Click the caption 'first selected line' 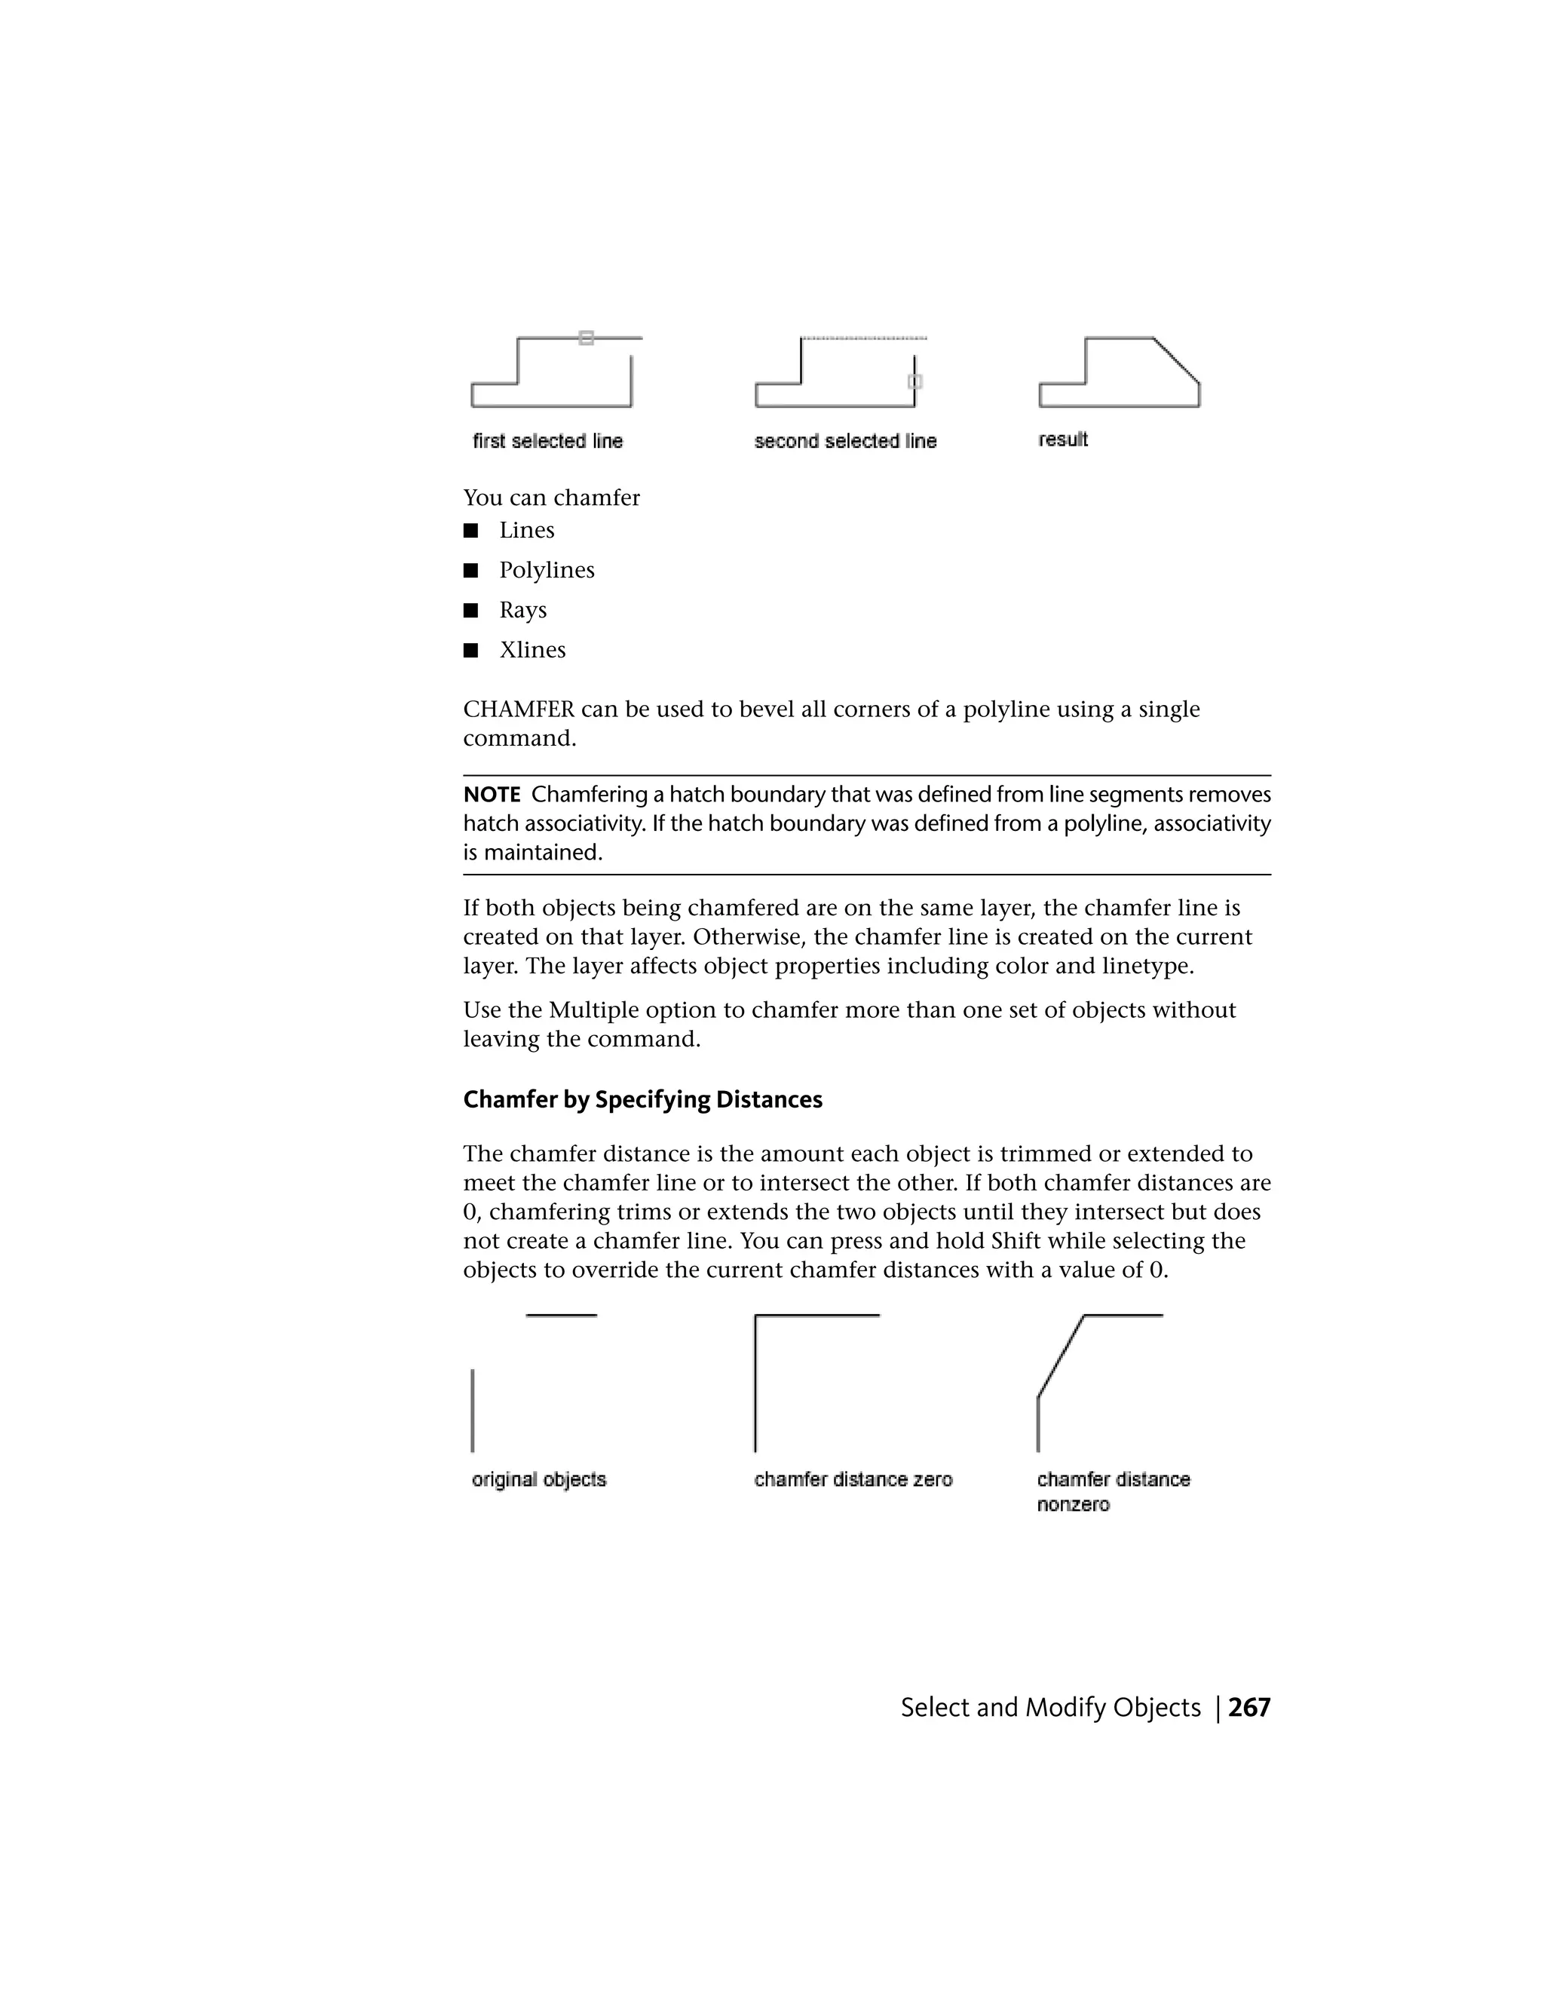547,441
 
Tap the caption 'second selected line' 845,441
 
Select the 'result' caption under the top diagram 1063,439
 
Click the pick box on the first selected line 587,338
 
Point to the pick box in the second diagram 914,382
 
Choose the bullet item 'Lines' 527,531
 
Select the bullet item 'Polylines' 546,570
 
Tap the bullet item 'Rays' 522,610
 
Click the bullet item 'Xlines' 532,651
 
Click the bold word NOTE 492,795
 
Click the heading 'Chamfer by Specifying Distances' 642,1099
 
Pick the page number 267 1248,1708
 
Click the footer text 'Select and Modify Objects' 1050,1708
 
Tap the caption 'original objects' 539,1479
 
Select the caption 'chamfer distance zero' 853,1479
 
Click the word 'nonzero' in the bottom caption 1073,1505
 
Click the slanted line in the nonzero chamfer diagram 1060,1356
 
